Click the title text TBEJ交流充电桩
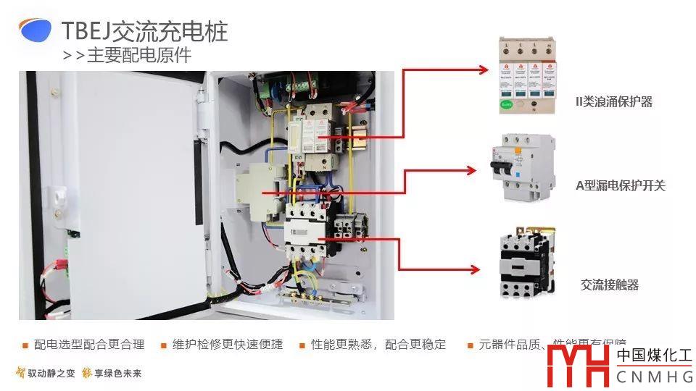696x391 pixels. coord(144,31)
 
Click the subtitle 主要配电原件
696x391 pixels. coord(138,55)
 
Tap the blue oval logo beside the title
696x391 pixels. coord(35,30)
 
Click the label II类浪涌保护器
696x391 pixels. coord(613,102)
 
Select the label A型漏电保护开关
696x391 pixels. coord(620,185)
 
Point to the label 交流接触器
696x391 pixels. coord(609,285)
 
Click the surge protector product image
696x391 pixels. coord(527,75)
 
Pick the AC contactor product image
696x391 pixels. coord(527,264)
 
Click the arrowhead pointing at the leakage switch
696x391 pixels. coord(472,171)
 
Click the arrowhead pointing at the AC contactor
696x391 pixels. coord(475,270)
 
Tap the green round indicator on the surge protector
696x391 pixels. coord(507,104)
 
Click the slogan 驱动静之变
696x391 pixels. coord(51,374)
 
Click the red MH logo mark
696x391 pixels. coord(578,366)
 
